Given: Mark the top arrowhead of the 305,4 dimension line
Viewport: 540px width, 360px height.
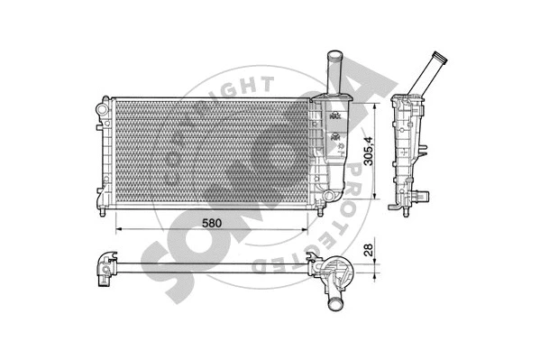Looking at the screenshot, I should pos(371,105).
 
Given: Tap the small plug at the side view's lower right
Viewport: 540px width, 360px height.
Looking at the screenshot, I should pos(425,193).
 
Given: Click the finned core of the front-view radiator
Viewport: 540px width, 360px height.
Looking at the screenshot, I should pos(207,153).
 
